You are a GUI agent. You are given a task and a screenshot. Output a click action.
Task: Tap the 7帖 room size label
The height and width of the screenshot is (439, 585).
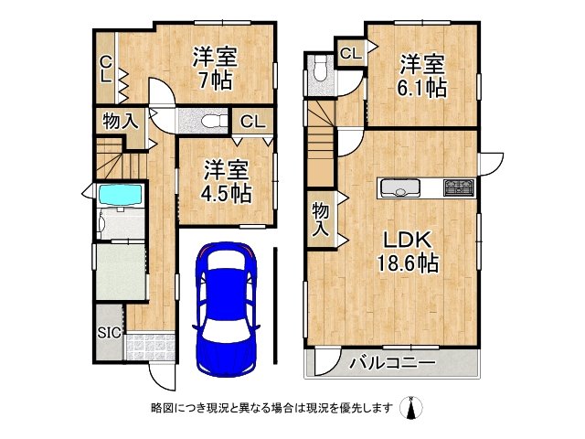[217, 80]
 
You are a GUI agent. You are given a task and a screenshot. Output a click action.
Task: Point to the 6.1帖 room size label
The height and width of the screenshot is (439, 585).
[422, 89]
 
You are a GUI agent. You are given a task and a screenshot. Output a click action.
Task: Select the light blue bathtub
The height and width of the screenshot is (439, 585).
[118, 196]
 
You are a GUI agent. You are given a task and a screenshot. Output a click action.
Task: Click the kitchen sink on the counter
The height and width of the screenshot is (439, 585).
[401, 188]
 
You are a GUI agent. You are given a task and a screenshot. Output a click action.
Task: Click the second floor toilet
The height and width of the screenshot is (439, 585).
[319, 69]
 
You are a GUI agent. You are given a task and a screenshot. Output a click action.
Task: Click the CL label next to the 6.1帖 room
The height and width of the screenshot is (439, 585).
[350, 54]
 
